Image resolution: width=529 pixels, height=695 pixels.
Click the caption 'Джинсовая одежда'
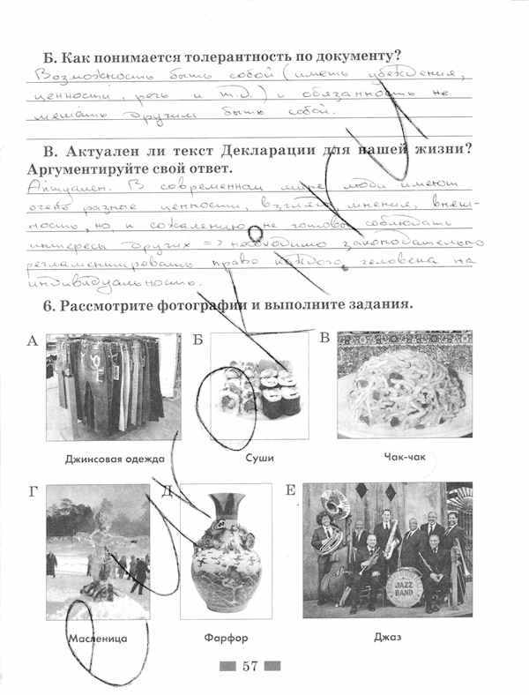(x=115, y=459)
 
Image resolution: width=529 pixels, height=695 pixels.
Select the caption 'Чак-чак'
(x=405, y=458)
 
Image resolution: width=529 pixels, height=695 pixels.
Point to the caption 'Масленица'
(x=97, y=637)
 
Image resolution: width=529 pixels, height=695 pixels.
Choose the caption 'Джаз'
(x=387, y=636)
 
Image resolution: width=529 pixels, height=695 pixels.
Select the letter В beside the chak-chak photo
(x=324, y=338)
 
